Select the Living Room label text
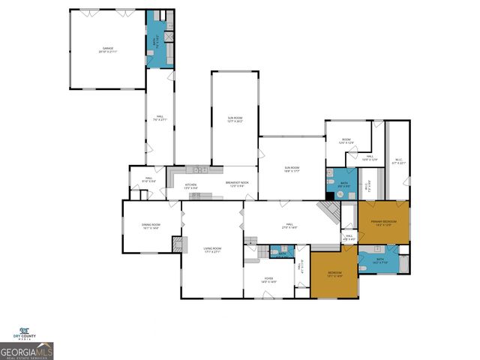[x=212, y=250]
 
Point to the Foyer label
[x=268, y=280]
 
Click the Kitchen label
[x=191, y=185]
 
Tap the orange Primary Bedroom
[x=383, y=223]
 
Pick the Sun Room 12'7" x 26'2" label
[x=235, y=118]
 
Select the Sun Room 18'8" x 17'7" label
[x=292, y=169]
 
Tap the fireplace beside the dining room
[x=178, y=245]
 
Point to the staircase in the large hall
[x=327, y=211]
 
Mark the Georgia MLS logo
[x=27, y=351]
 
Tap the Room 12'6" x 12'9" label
[x=346, y=141]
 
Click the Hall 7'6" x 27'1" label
[x=158, y=118]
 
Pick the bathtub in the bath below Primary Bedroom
[x=405, y=263]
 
